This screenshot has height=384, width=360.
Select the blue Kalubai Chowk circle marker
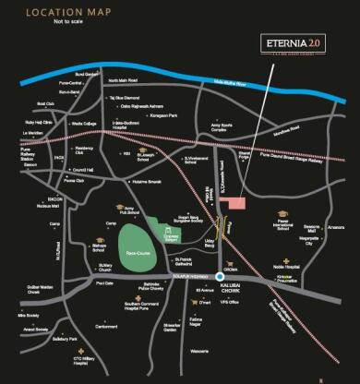pos(220,276)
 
